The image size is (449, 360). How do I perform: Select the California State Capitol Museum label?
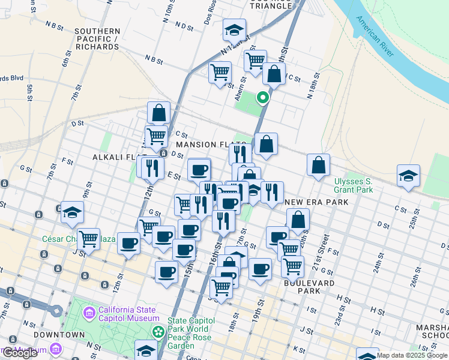[129, 314]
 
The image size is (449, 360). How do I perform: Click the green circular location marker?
[262, 97]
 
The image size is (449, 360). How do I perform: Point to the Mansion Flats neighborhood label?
[204, 145]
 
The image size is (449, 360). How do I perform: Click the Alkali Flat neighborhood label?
[116, 157]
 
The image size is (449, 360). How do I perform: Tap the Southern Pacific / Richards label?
[97, 38]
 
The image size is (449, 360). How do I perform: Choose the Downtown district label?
[59, 334]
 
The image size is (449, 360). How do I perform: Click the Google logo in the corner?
[20, 353]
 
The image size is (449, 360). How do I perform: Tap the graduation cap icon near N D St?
[234, 29]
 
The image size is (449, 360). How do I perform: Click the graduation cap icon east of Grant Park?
[408, 176]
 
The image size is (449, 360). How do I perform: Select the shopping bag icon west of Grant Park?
[318, 164]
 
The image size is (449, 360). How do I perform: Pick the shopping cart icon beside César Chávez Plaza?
[88, 238]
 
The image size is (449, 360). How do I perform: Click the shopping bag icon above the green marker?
[274, 74]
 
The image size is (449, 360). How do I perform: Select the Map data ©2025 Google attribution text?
[412, 355]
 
